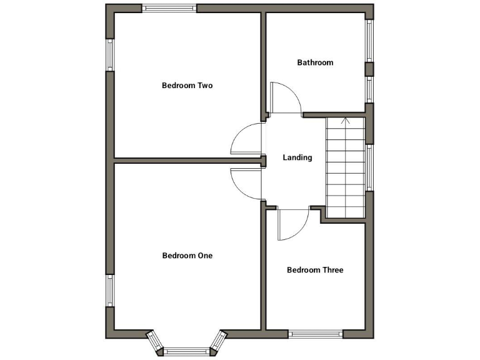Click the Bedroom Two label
coord(187,86)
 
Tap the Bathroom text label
coord(315,62)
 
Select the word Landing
coord(297,157)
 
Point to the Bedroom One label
coord(187,256)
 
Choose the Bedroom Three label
coord(315,270)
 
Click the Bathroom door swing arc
coord(286,97)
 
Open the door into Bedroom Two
coord(246,138)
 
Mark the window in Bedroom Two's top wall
coord(169,8)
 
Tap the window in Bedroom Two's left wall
coord(110,55)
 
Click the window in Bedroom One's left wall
coord(110,291)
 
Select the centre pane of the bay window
coord(187,351)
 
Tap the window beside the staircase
coord(369,167)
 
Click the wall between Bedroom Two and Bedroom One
coord(187,161)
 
